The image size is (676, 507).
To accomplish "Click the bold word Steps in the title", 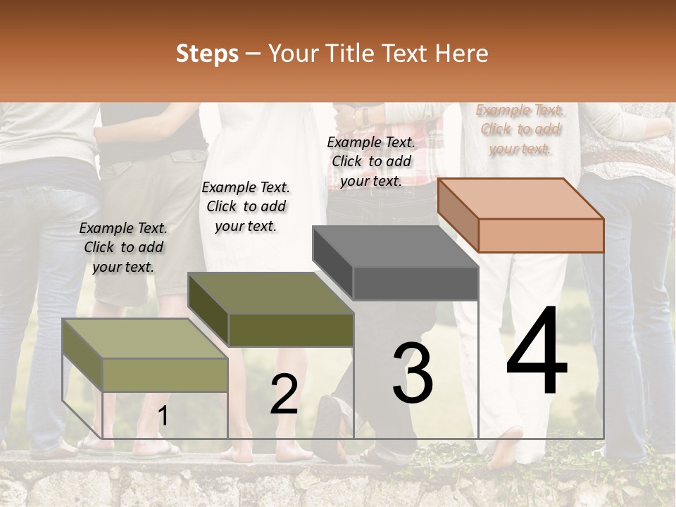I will click(x=207, y=54).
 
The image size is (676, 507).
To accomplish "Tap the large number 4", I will click(x=537, y=352).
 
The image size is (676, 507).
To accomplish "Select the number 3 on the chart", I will click(x=412, y=373).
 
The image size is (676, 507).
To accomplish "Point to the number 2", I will click(x=284, y=394).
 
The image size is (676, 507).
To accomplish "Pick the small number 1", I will click(x=163, y=416).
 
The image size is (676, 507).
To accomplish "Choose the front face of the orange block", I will click(x=541, y=235).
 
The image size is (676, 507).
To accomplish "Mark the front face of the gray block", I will click(x=415, y=284).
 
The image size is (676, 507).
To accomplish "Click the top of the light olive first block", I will click(x=145, y=339).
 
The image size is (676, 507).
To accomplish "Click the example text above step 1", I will click(x=123, y=247).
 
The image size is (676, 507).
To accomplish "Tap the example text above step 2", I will click(x=246, y=206).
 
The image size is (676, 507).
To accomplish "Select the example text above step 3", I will click(x=371, y=161).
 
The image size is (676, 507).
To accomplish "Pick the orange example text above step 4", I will click(x=520, y=129).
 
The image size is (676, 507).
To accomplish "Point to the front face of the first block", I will click(x=165, y=375).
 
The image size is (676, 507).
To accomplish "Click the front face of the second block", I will click(x=291, y=330).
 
